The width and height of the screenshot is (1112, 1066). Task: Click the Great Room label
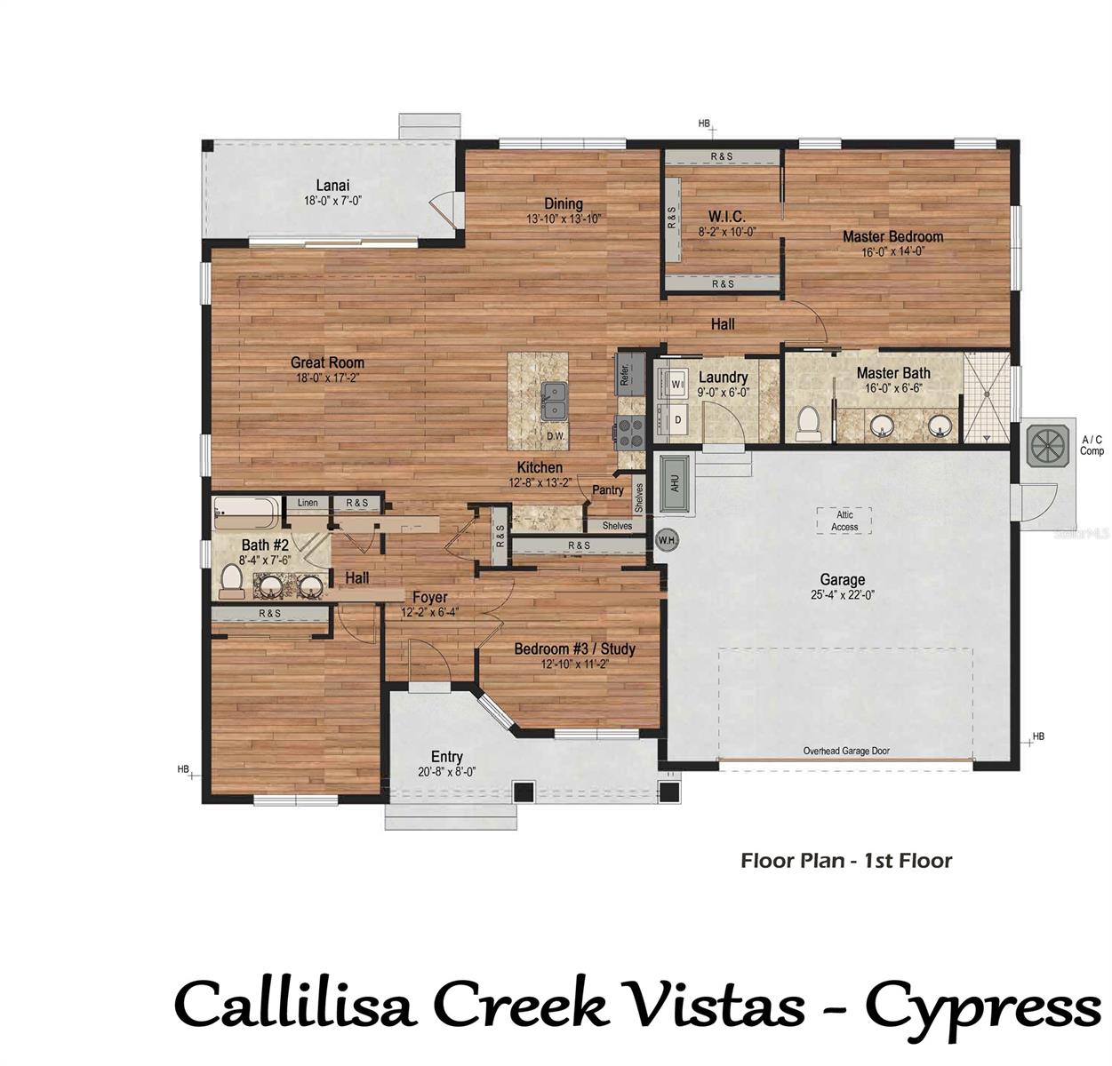click(x=327, y=362)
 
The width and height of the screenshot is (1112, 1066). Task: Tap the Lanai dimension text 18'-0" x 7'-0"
click(x=332, y=201)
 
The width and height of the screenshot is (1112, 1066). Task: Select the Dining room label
click(x=564, y=203)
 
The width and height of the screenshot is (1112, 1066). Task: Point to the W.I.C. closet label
click(x=726, y=217)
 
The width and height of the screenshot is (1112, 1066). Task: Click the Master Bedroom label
click(x=892, y=236)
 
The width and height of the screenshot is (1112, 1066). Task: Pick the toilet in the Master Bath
click(x=808, y=424)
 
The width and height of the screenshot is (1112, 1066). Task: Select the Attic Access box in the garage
click(x=844, y=521)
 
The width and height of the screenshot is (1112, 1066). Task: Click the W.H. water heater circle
click(x=666, y=539)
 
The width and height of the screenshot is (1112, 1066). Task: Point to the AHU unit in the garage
click(x=675, y=485)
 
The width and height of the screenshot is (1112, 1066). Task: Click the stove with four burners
click(x=631, y=431)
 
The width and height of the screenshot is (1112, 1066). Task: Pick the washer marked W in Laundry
click(x=675, y=384)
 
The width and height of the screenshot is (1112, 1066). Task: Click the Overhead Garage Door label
click(x=845, y=751)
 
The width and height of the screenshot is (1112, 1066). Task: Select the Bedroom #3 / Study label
click(x=574, y=648)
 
